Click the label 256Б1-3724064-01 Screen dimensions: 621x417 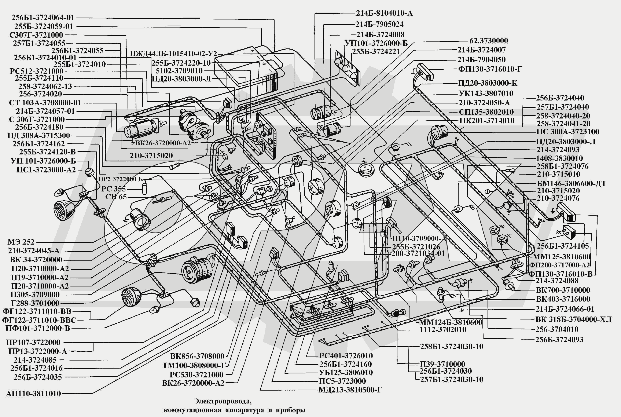point(43,18)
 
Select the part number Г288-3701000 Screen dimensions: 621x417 point(35,303)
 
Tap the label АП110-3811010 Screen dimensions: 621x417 point(33,394)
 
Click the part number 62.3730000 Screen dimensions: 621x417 point(489,41)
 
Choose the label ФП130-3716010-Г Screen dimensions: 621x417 point(490,69)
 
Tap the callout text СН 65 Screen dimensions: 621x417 point(116,197)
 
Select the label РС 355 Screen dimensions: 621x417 point(114,189)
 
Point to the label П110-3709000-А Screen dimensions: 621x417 point(419,239)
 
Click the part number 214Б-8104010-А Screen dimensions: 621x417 point(384,13)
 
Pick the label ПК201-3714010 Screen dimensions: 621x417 point(487,120)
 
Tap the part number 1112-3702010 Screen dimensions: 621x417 point(443,329)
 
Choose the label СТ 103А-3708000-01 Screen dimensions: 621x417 point(45,103)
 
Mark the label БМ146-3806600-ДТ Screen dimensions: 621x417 point(572,183)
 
